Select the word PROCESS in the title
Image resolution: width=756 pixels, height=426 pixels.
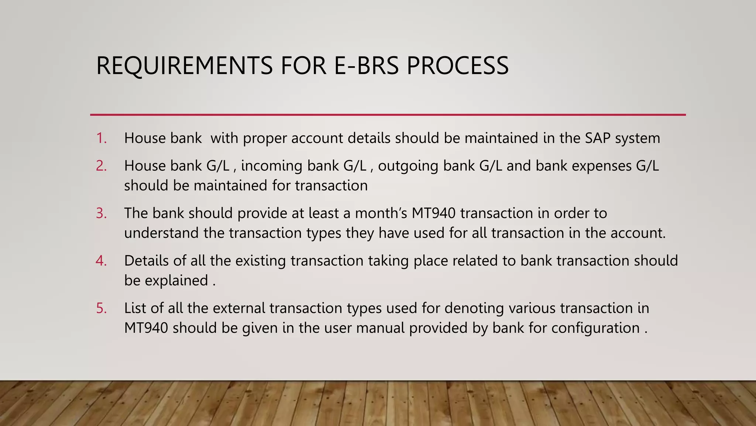(457, 66)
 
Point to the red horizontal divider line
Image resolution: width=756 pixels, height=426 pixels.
(388, 115)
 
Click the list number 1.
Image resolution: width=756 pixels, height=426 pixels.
(101, 138)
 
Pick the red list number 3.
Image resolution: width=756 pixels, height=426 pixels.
(101, 213)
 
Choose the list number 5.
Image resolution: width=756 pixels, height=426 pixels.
(101, 308)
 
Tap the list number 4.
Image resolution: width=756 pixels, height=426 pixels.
(101, 261)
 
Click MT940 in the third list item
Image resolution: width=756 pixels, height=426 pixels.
(434, 213)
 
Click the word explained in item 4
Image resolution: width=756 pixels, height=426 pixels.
(176, 281)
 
